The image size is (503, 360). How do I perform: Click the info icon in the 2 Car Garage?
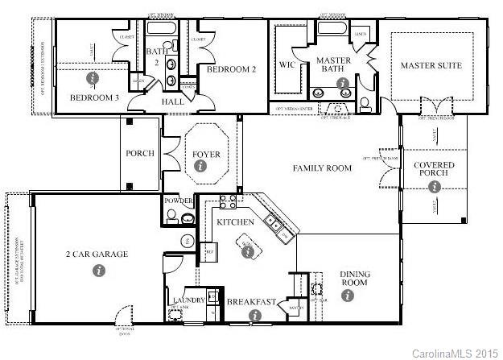(x=99, y=271)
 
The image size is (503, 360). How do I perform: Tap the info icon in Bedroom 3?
(x=93, y=78)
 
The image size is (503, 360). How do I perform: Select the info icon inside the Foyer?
(x=200, y=168)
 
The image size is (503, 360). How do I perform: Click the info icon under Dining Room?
(x=348, y=296)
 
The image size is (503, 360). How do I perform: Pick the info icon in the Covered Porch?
(x=435, y=187)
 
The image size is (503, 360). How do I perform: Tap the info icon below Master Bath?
(x=343, y=83)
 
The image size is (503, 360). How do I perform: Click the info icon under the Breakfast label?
(x=255, y=316)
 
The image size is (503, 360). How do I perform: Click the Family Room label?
(x=322, y=168)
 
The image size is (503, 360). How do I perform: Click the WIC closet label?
(x=288, y=64)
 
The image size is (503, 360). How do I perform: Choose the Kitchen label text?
(x=236, y=221)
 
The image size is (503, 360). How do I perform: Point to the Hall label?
(x=172, y=102)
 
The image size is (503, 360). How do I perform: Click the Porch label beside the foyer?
(x=140, y=153)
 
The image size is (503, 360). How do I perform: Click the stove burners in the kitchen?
(x=226, y=201)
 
